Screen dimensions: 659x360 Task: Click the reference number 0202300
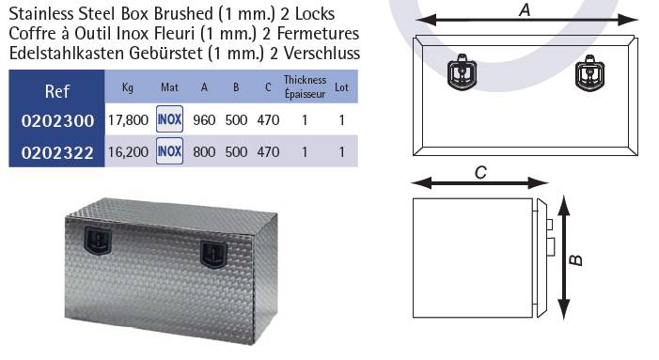click(x=57, y=121)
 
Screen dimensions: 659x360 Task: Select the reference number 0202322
click(x=57, y=152)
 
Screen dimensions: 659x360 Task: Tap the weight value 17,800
click(x=128, y=120)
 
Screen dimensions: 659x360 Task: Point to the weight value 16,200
click(x=128, y=151)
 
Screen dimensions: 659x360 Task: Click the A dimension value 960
click(x=204, y=120)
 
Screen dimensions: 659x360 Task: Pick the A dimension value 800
click(x=204, y=151)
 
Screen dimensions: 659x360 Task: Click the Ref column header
click(x=57, y=91)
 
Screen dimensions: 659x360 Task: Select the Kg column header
click(x=128, y=87)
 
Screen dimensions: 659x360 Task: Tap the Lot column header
click(x=341, y=87)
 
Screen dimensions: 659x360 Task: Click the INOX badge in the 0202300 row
click(x=169, y=119)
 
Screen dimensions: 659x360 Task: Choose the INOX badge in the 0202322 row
click(x=169, y=151)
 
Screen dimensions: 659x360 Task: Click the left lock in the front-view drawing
click(x=462, y=72)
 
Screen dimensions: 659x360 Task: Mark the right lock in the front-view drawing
click(x=589, y=73)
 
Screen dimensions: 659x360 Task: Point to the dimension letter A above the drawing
click(x=525, y=9)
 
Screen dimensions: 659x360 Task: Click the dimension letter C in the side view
click(x=480, y=173)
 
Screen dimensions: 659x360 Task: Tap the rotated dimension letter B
click(x=575, y=260)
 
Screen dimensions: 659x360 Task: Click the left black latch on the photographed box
click(x=98, y=242)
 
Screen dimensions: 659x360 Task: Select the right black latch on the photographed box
click(x=213, y=255)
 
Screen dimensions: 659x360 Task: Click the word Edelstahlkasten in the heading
click(x=67, y=54)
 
